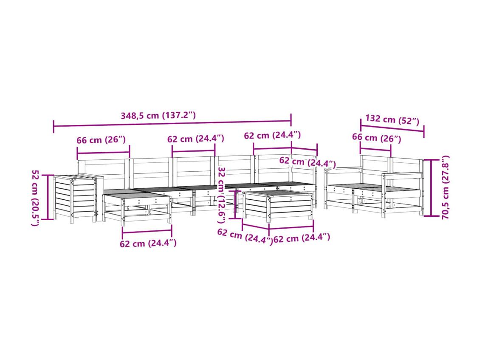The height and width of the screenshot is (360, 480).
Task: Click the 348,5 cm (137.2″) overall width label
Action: coord(158,116)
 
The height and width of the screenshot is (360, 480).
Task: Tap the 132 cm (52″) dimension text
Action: coord(392,119)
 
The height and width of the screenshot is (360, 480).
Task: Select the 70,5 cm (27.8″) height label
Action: coord(446,187)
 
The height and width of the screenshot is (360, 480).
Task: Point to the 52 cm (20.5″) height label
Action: coord(35,198)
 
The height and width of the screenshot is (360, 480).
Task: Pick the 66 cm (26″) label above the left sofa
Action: coord(101,140)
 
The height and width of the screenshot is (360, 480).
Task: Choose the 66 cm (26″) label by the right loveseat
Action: coord(376,138)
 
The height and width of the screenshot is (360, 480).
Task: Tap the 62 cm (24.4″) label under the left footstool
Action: coord(148,243)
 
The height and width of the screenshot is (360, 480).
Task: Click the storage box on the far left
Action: coord(75,198)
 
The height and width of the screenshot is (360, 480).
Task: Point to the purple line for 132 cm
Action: coord(392,128)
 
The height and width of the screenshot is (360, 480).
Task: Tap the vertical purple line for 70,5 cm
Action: coord(431,187)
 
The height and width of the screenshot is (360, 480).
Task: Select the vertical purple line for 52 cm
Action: coord(48,197)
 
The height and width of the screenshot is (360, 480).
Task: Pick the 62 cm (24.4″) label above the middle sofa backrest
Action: coord(196,139)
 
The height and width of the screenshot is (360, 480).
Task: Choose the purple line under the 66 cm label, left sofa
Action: coord(104,152)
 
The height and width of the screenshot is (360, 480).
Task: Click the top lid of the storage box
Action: coord(75,177)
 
